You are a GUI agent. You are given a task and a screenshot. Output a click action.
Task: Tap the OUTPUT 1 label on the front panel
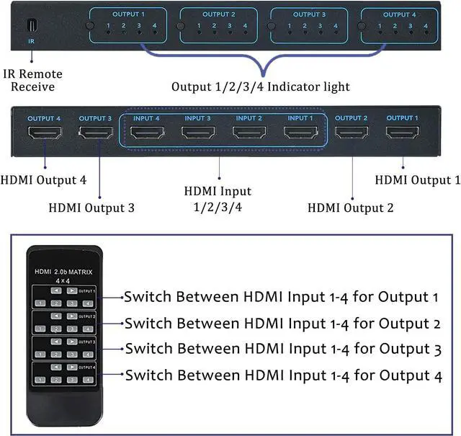pos(127,14)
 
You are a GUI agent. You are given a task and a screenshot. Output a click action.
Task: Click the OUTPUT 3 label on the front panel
pos(308,14)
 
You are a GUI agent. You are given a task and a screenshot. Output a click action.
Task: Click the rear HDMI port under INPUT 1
pos(300,133)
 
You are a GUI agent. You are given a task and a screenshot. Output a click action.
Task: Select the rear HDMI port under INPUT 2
pos(249,133)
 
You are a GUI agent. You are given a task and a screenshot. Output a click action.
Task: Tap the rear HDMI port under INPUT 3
pos(198,133)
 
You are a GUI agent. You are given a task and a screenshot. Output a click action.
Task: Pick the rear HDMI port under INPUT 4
pos(146,133)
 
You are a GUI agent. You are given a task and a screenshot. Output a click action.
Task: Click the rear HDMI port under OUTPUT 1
pos(402,133)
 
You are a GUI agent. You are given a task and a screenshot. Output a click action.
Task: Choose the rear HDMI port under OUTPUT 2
pos(351,133)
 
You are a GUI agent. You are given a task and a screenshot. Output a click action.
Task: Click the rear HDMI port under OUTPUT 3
pos(95,133)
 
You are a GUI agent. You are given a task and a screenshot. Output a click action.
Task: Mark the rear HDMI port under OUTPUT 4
pos(43,133)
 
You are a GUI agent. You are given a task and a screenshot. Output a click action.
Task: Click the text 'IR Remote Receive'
pos(32,81)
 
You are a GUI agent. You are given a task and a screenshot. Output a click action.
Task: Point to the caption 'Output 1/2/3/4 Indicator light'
pos(260,87)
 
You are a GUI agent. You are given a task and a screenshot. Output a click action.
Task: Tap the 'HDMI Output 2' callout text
pos(351,208)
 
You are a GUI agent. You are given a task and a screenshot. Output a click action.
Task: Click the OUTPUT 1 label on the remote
pos(86,291)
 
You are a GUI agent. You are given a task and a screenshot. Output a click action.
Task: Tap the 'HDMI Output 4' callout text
pos(44,180)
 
